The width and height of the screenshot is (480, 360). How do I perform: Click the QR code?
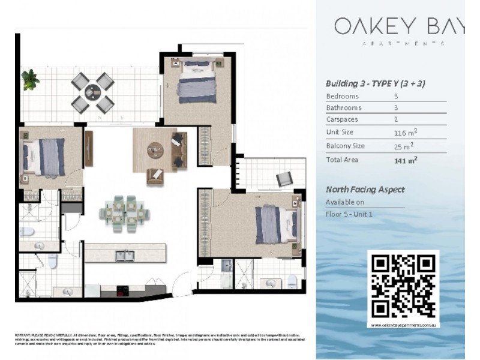[403, 286]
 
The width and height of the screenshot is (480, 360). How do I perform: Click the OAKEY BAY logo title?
[398, 26]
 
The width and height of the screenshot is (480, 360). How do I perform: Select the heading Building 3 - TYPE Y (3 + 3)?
[375, 83]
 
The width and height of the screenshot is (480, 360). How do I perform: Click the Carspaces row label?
[342, 119]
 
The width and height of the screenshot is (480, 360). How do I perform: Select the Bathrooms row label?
[343, 108]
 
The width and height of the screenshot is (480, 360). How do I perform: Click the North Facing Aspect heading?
[365, 190]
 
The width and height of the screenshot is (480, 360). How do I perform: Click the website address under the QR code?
[403, 325]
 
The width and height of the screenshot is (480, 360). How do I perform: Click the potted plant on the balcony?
[29, 79]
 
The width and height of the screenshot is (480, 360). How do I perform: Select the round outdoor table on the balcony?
[93, 92]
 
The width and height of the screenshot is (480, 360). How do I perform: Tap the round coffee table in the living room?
[155, 149]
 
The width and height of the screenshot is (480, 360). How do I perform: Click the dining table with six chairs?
[124, 211]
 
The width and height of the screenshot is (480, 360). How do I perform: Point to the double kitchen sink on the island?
[124, 256]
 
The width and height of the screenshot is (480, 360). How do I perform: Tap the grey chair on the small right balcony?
[284, 179]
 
